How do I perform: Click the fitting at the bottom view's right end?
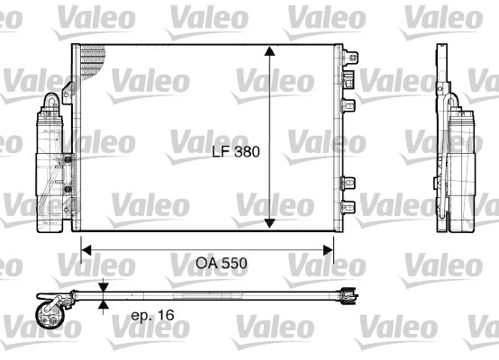pos(345,292)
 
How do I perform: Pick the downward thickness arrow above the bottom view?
pos(105,286)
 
